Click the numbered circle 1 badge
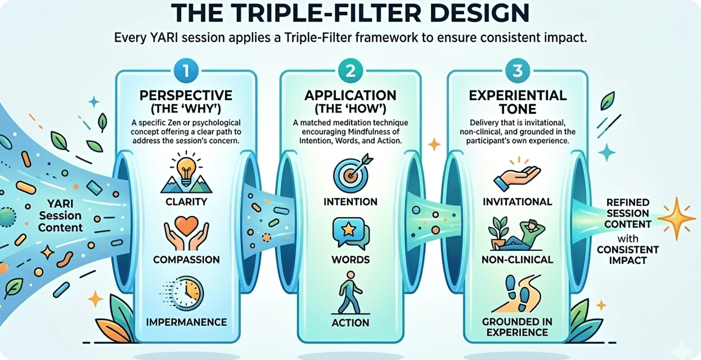pos(186,71)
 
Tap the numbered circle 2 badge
pos(350,71)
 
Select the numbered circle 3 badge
pos(518,71)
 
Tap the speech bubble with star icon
pos(350,233)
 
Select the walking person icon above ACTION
pos(350,293)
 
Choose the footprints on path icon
pos(517,294)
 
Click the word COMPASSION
pos(186,260)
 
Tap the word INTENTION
pos(350,202)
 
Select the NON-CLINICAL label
pos(517,260)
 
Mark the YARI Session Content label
pos(60,215)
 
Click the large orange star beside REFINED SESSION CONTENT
pos(677,218)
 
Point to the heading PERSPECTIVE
pos(186,96)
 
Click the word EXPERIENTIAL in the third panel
pos(518,96)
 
